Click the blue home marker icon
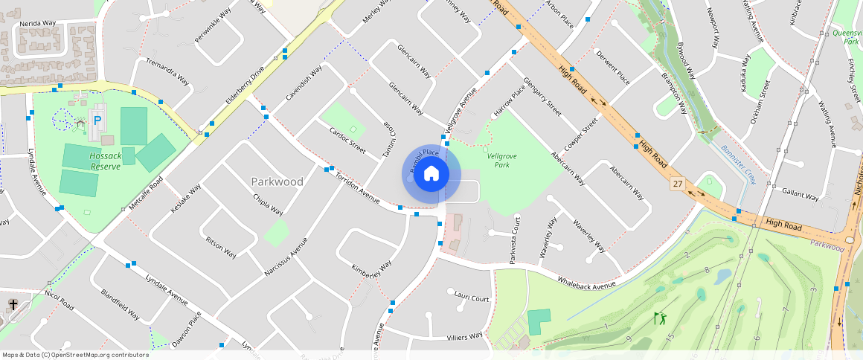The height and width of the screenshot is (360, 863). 431,174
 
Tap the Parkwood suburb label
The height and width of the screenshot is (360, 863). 277,181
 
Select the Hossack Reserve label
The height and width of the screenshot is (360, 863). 105,161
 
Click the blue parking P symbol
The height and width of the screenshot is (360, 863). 97,119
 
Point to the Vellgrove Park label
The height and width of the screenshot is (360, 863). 501,160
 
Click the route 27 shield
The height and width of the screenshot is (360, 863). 677,183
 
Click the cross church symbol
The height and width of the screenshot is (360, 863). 13,304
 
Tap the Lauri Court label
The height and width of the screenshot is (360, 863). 471,298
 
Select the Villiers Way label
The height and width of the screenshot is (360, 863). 465,338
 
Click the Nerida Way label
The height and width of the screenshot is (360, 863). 38,23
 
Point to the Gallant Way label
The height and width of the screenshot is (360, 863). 801,195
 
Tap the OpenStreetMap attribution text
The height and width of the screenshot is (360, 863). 75,355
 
